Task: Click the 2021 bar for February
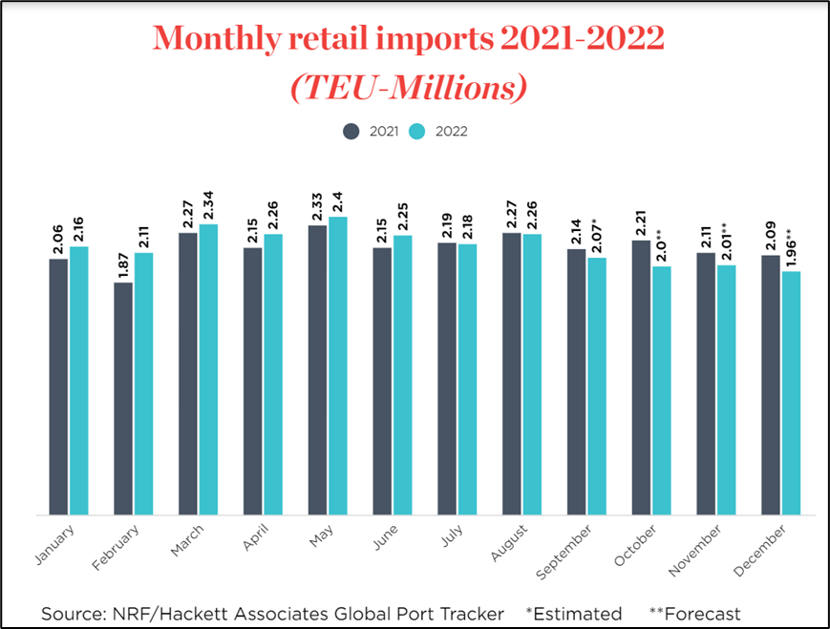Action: click(x=123, y=399)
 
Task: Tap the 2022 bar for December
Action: click(x=791, y=393)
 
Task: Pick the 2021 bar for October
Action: click(x=641, y=378)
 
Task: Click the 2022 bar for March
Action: click(x=208, y=369)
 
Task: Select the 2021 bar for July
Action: click(x=447, y=379)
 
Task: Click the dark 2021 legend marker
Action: click(x=351, y=131)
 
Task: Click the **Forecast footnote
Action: click(x=694, y=613)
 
